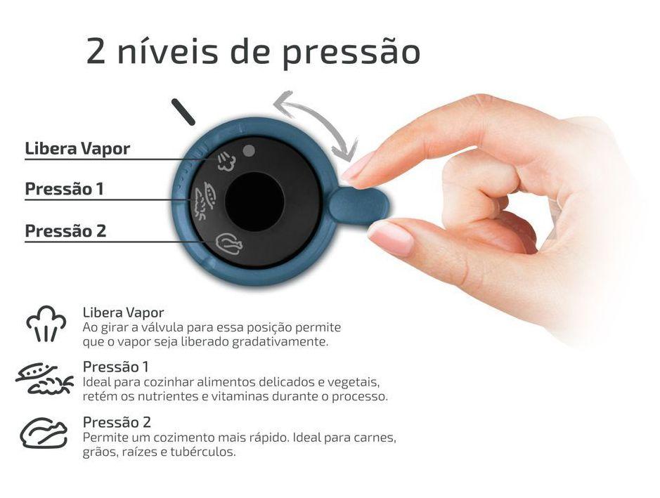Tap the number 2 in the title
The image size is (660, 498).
[x=98, y=51]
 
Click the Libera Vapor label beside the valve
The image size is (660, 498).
[x=77, y=149]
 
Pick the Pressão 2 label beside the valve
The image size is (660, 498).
[x=65, y=231]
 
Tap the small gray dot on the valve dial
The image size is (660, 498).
[x=247, y=150]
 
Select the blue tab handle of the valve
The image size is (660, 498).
[x=358, y=205]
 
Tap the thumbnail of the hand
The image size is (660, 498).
[x=391, y=237]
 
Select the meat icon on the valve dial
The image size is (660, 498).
[x=229, y=243]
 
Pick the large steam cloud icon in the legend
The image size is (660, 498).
[x=46, y=324]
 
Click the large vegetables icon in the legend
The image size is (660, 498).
[x=44, y=379]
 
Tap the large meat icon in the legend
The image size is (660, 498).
[x=44, y=433]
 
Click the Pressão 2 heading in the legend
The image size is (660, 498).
[x=117, y=422]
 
